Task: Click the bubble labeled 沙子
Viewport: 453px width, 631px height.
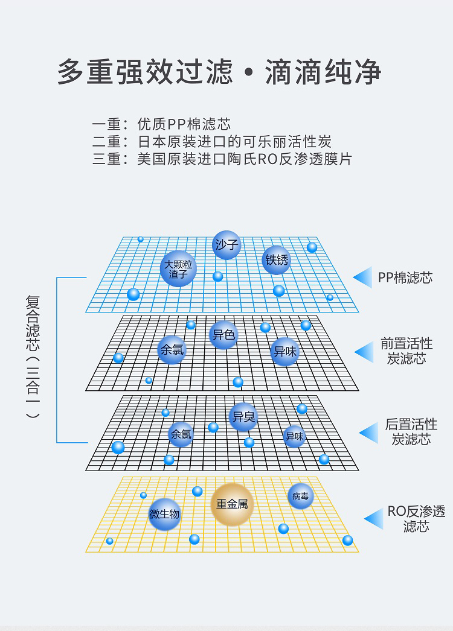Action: click(226, 245)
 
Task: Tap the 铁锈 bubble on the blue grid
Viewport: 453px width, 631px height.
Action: click(277, 260)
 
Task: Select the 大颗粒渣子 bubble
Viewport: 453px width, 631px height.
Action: click(178, 268)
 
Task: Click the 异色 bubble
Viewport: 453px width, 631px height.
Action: click(223, 335)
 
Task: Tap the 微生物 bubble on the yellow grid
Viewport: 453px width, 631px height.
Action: click(164, 515)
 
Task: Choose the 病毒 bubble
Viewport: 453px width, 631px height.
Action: click(300, 496)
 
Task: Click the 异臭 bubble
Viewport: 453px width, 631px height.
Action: click(243, 417)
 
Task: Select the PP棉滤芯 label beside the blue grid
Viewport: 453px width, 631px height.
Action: click(405, 277)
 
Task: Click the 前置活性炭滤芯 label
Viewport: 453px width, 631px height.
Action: click(406, 351)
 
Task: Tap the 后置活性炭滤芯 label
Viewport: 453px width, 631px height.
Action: click(411, 432)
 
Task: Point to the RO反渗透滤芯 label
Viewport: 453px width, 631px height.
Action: click(416, 519)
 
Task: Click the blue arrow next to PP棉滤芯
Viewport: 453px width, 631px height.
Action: click(362, 277)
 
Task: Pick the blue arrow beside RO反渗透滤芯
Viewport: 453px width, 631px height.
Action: click(374, 519)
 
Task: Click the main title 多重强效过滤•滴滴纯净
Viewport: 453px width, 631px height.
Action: click(219, 72)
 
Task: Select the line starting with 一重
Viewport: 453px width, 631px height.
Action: click(161, 125)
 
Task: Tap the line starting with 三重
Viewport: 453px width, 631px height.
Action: click(222, 159)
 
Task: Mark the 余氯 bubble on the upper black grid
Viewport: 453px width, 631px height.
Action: click(172, 350)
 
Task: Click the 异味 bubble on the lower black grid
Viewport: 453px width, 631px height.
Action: click(294, 436)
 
